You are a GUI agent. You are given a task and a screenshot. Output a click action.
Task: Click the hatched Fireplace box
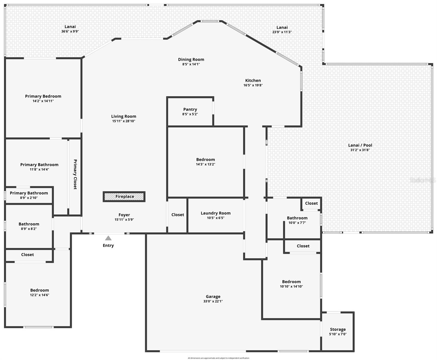click(x=124, y=196)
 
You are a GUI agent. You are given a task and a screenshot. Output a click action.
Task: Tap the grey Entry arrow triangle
click(x=108, y=238)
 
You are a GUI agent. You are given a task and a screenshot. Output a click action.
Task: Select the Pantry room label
click(x=190, y=109)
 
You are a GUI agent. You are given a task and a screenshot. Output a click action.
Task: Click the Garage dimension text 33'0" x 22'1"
click(x=213, y=301)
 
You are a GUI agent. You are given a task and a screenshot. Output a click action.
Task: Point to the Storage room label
click(x=338, y=329)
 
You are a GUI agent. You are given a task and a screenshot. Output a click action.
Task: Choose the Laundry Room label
click(x=216, y=213)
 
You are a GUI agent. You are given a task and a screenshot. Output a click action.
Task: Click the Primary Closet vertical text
click(x=75, y=174)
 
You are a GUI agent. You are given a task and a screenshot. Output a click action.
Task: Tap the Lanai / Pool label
click(x=360, y=145)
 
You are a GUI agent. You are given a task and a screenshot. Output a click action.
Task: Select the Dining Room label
click(x=191, y=59)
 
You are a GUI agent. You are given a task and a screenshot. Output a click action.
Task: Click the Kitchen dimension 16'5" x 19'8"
click(x=253, y=85)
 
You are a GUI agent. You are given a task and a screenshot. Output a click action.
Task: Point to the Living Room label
click(x=123, y=116)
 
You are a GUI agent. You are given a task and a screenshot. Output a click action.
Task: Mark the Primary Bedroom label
click(x=43, y=96)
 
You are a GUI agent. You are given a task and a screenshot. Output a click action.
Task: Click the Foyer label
click(x=124, y=215)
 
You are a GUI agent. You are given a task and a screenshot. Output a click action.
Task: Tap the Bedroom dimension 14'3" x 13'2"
click(x=206, y=164)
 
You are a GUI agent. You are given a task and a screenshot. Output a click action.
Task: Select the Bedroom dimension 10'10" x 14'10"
click(x=291, y=286)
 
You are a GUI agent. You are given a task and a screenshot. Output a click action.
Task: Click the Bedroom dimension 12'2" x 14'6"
click(x=40, y=295)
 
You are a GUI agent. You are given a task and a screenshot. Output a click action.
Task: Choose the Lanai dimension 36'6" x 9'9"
click(x=70, y=31)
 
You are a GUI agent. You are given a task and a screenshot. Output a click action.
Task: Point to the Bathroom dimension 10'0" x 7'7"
click(x=297, y=223)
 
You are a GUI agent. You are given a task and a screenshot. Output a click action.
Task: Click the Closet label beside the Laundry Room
click(x=178, y=215)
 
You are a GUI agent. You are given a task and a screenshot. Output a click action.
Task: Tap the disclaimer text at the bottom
click(x=218, y=358)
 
